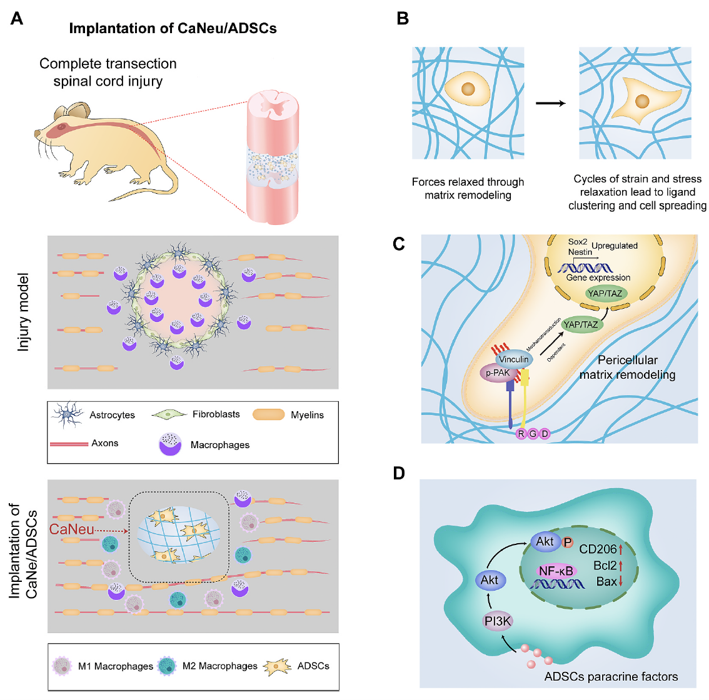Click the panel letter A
(17, 19)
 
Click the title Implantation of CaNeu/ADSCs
(173, 29)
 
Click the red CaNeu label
(71, 529)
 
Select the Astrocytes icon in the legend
(68, 415)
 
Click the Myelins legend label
(307, 415)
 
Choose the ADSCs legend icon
(278, 666)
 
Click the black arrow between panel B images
(551, 102)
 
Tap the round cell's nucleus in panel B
(468, 89)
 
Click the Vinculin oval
(514, 359)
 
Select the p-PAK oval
(498, 373)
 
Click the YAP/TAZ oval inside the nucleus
(605, 294)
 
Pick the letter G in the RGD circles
(533, 434)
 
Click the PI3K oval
(498, 621)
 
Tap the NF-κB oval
(555, 571)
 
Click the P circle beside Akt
(568, 542)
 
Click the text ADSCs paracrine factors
(611, 676)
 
